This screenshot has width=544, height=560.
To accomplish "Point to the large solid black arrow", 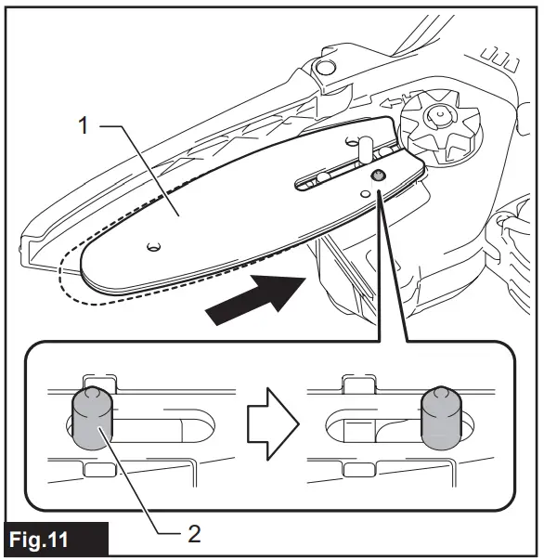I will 256,298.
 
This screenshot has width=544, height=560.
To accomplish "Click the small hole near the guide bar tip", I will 153,246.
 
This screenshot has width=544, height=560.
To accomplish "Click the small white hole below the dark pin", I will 366,194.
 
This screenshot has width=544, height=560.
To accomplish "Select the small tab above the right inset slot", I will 356,382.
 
